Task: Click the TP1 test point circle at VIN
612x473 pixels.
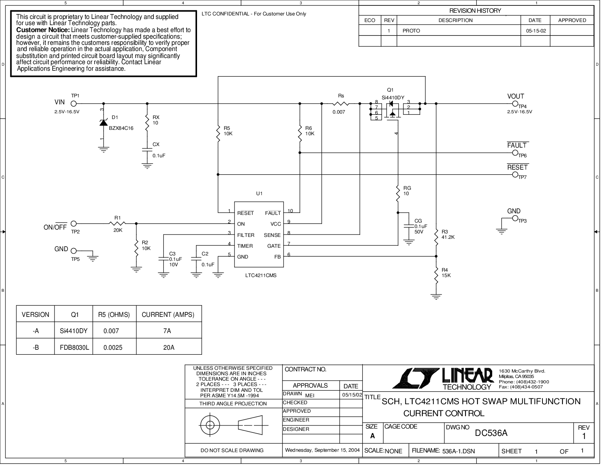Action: pyautogui.click(x=73, y=104)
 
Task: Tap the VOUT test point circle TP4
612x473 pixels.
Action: pyautogui.click(x=515, y=104)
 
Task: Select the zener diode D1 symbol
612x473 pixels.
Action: pyautogui.click(x=104, y=123)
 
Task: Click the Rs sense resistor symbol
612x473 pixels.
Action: pyautogui.click(x=341, y=104)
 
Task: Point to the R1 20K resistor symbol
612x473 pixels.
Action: pyautogui.click(x=117, y=223)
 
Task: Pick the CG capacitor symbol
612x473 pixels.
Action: pyautogui.click(x=408, y=226)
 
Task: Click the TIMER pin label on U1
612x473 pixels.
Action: pyautogui.click(x=245, y=246)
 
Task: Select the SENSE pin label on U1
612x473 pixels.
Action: pyautogui.click(x=272, y=235)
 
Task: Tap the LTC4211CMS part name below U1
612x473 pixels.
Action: pyautogui.click(x=260, y=276)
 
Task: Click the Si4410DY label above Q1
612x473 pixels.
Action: pyautogui.click(x=393, y=98)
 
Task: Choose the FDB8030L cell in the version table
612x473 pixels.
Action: pyautogui.click(x=74, y=347)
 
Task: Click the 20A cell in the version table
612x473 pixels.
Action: pyautogui.click(x=168, y=347)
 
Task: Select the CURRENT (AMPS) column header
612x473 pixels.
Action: pyautogui.click(x=168, y=315)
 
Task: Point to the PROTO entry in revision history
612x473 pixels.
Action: pyautogui.click(x=411, y=31)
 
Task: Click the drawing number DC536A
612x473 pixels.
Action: pyautogui.click(x=491, y=433)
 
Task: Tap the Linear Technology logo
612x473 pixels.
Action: pyautogui.click(x=443, y=379)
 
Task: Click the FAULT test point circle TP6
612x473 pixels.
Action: pyautogui.click(x=515, y=153)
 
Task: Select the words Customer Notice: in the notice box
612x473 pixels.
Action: pyautogui.click(x=43, y=30)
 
